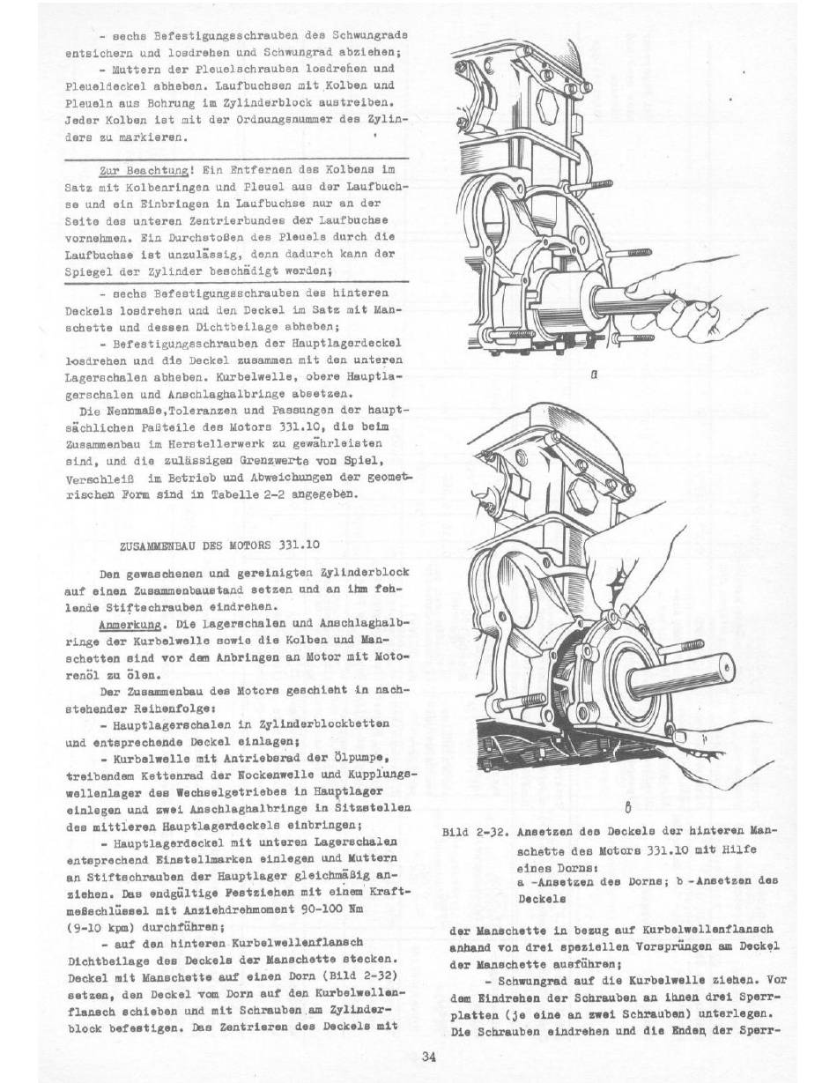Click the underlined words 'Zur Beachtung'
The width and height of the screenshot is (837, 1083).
[x=144, y=170]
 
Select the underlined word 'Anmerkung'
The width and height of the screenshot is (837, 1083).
[x=130, y=625]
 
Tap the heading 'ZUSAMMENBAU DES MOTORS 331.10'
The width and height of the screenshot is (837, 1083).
[x=219, y=545]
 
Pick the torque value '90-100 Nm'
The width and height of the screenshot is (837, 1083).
[x=330, y=909]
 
